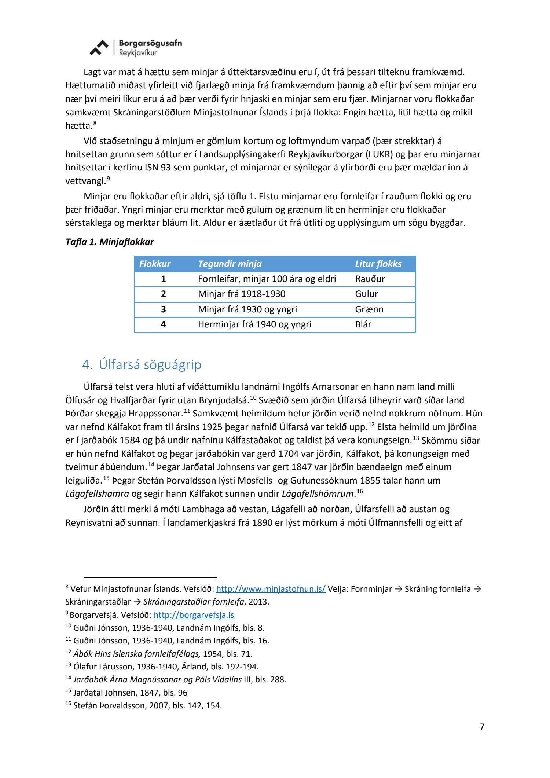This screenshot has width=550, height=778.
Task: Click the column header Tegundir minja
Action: (x=230, y=264)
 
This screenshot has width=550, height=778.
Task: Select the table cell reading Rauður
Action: (x=370, y=279)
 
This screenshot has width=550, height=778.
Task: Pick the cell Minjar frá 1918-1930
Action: (x=241, y=294)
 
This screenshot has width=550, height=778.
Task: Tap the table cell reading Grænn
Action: (x=369, y=309)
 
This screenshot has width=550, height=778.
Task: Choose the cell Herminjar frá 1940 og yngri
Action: (x=254, y=324)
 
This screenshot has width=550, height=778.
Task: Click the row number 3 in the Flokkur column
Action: (x=164, y=309)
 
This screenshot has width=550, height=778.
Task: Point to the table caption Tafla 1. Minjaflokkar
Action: (x=110, y=242)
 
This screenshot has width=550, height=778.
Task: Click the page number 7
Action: (x=482, y=727)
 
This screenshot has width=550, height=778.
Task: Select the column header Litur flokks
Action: (x=378, y=264)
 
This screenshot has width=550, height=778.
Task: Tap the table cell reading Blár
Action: (x=363, y=324)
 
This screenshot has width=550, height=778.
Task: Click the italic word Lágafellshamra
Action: (x=97, y=494)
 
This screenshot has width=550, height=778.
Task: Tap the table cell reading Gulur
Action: (x=366, y=294)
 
